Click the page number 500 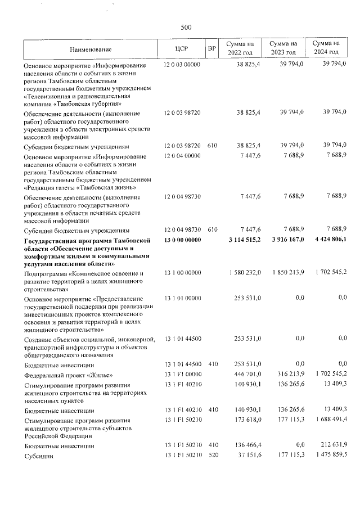(x=186, y=27)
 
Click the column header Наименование (x=91, y=49)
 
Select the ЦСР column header (x=182, y=49)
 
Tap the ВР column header (x=212, y=49)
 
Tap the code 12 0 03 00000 (x=182, y=65)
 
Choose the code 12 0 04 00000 (x=182, y=155)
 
